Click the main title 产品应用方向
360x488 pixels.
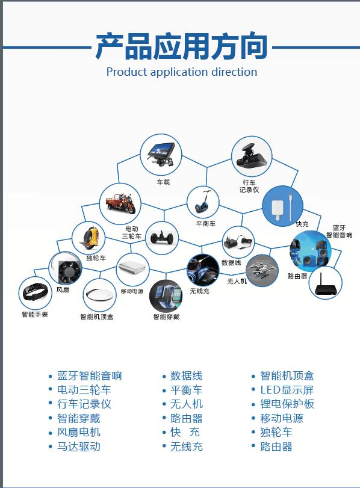point(181,47)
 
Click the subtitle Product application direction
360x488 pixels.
point(182,72)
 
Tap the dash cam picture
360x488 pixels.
point(251,156)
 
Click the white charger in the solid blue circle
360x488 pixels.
point(282,206)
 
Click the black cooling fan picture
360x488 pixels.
point(66,268)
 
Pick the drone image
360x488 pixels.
point(262,270)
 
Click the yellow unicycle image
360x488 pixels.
point(88,238)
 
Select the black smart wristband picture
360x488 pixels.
point(35,292)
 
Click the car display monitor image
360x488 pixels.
point(161,155)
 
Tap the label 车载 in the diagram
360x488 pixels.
point(163,182)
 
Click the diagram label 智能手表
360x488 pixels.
point(35,314)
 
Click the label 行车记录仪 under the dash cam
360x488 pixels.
point(249,186)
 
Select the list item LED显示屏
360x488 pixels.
point(287,390)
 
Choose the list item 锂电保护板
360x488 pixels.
point(287,404)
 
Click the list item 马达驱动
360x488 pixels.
point(79,446)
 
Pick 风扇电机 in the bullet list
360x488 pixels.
point(79,432)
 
